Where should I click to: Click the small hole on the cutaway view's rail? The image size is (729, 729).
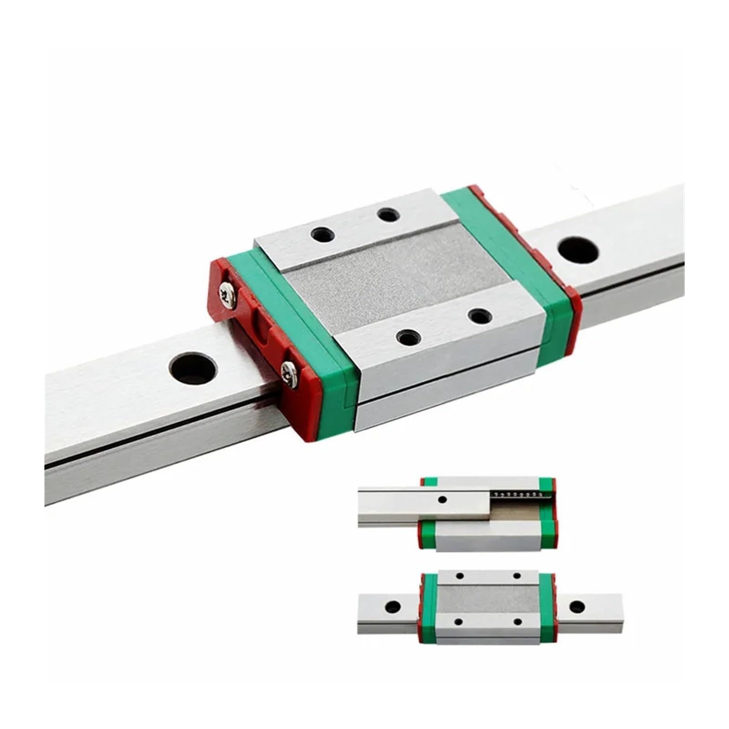(x=441, y=500)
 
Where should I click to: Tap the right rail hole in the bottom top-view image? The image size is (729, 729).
(x=577, y=606)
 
